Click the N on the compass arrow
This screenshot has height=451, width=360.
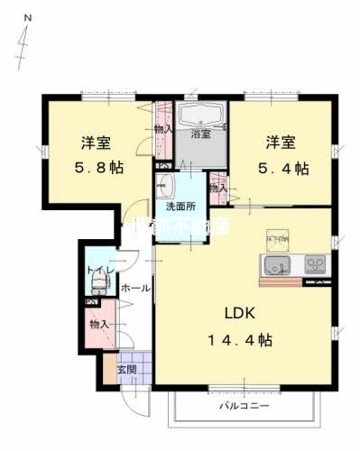(x=27, y=18)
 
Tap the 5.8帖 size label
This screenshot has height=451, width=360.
(x=98, y=168)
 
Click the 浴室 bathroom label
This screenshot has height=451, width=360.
(x=200, y=134)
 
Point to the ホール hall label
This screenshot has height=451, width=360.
(x=135, y=289)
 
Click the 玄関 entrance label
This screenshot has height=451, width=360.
(x=126, y=370)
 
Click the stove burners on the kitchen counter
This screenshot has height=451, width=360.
(x=317, y=264)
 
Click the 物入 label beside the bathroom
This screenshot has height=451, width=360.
(x=163, y=129)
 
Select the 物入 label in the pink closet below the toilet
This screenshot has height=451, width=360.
(x=98, y=324)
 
